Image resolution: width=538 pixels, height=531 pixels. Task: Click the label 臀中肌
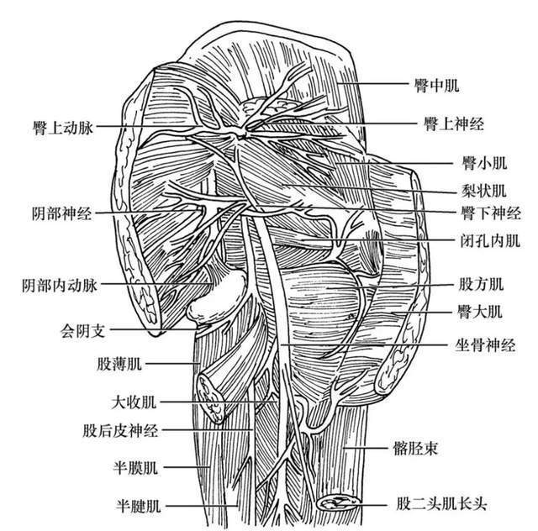[x=436, y=85]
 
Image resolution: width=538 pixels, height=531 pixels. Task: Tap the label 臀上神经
[x=454, y=124]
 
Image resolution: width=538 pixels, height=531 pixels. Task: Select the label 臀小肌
[x=484, y=163]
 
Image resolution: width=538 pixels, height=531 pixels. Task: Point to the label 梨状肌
[x=483, y=191]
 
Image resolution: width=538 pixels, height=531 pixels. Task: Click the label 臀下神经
[x=491, y=213]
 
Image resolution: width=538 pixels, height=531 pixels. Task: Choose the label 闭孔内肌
[x=490, y=241]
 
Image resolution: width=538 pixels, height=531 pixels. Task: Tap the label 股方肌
[x=481, y=284]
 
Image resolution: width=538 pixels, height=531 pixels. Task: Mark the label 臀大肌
[x=480, y=312]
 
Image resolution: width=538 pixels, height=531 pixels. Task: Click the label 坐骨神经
[x=485, y=344]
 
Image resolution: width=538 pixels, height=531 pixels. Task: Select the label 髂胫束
[x=415, y=448]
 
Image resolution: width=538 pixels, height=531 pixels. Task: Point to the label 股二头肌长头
[x=441, y=504]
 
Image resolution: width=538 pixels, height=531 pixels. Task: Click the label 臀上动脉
[x=63, y=128]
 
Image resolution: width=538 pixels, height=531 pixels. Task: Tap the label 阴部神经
[x=61, y=213]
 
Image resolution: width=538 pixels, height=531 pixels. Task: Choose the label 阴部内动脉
[x=60, y=286]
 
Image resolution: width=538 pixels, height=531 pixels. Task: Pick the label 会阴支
[x=82, y=331]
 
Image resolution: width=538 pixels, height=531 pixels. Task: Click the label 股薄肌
[x=119, y=364]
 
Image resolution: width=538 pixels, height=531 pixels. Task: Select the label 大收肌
[x=134, y=402]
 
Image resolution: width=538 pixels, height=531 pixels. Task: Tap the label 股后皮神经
[x=120, y=430]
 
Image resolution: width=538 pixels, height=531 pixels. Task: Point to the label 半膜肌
[x=135, y=468]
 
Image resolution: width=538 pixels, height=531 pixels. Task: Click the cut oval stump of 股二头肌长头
[x=338, y=503]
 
